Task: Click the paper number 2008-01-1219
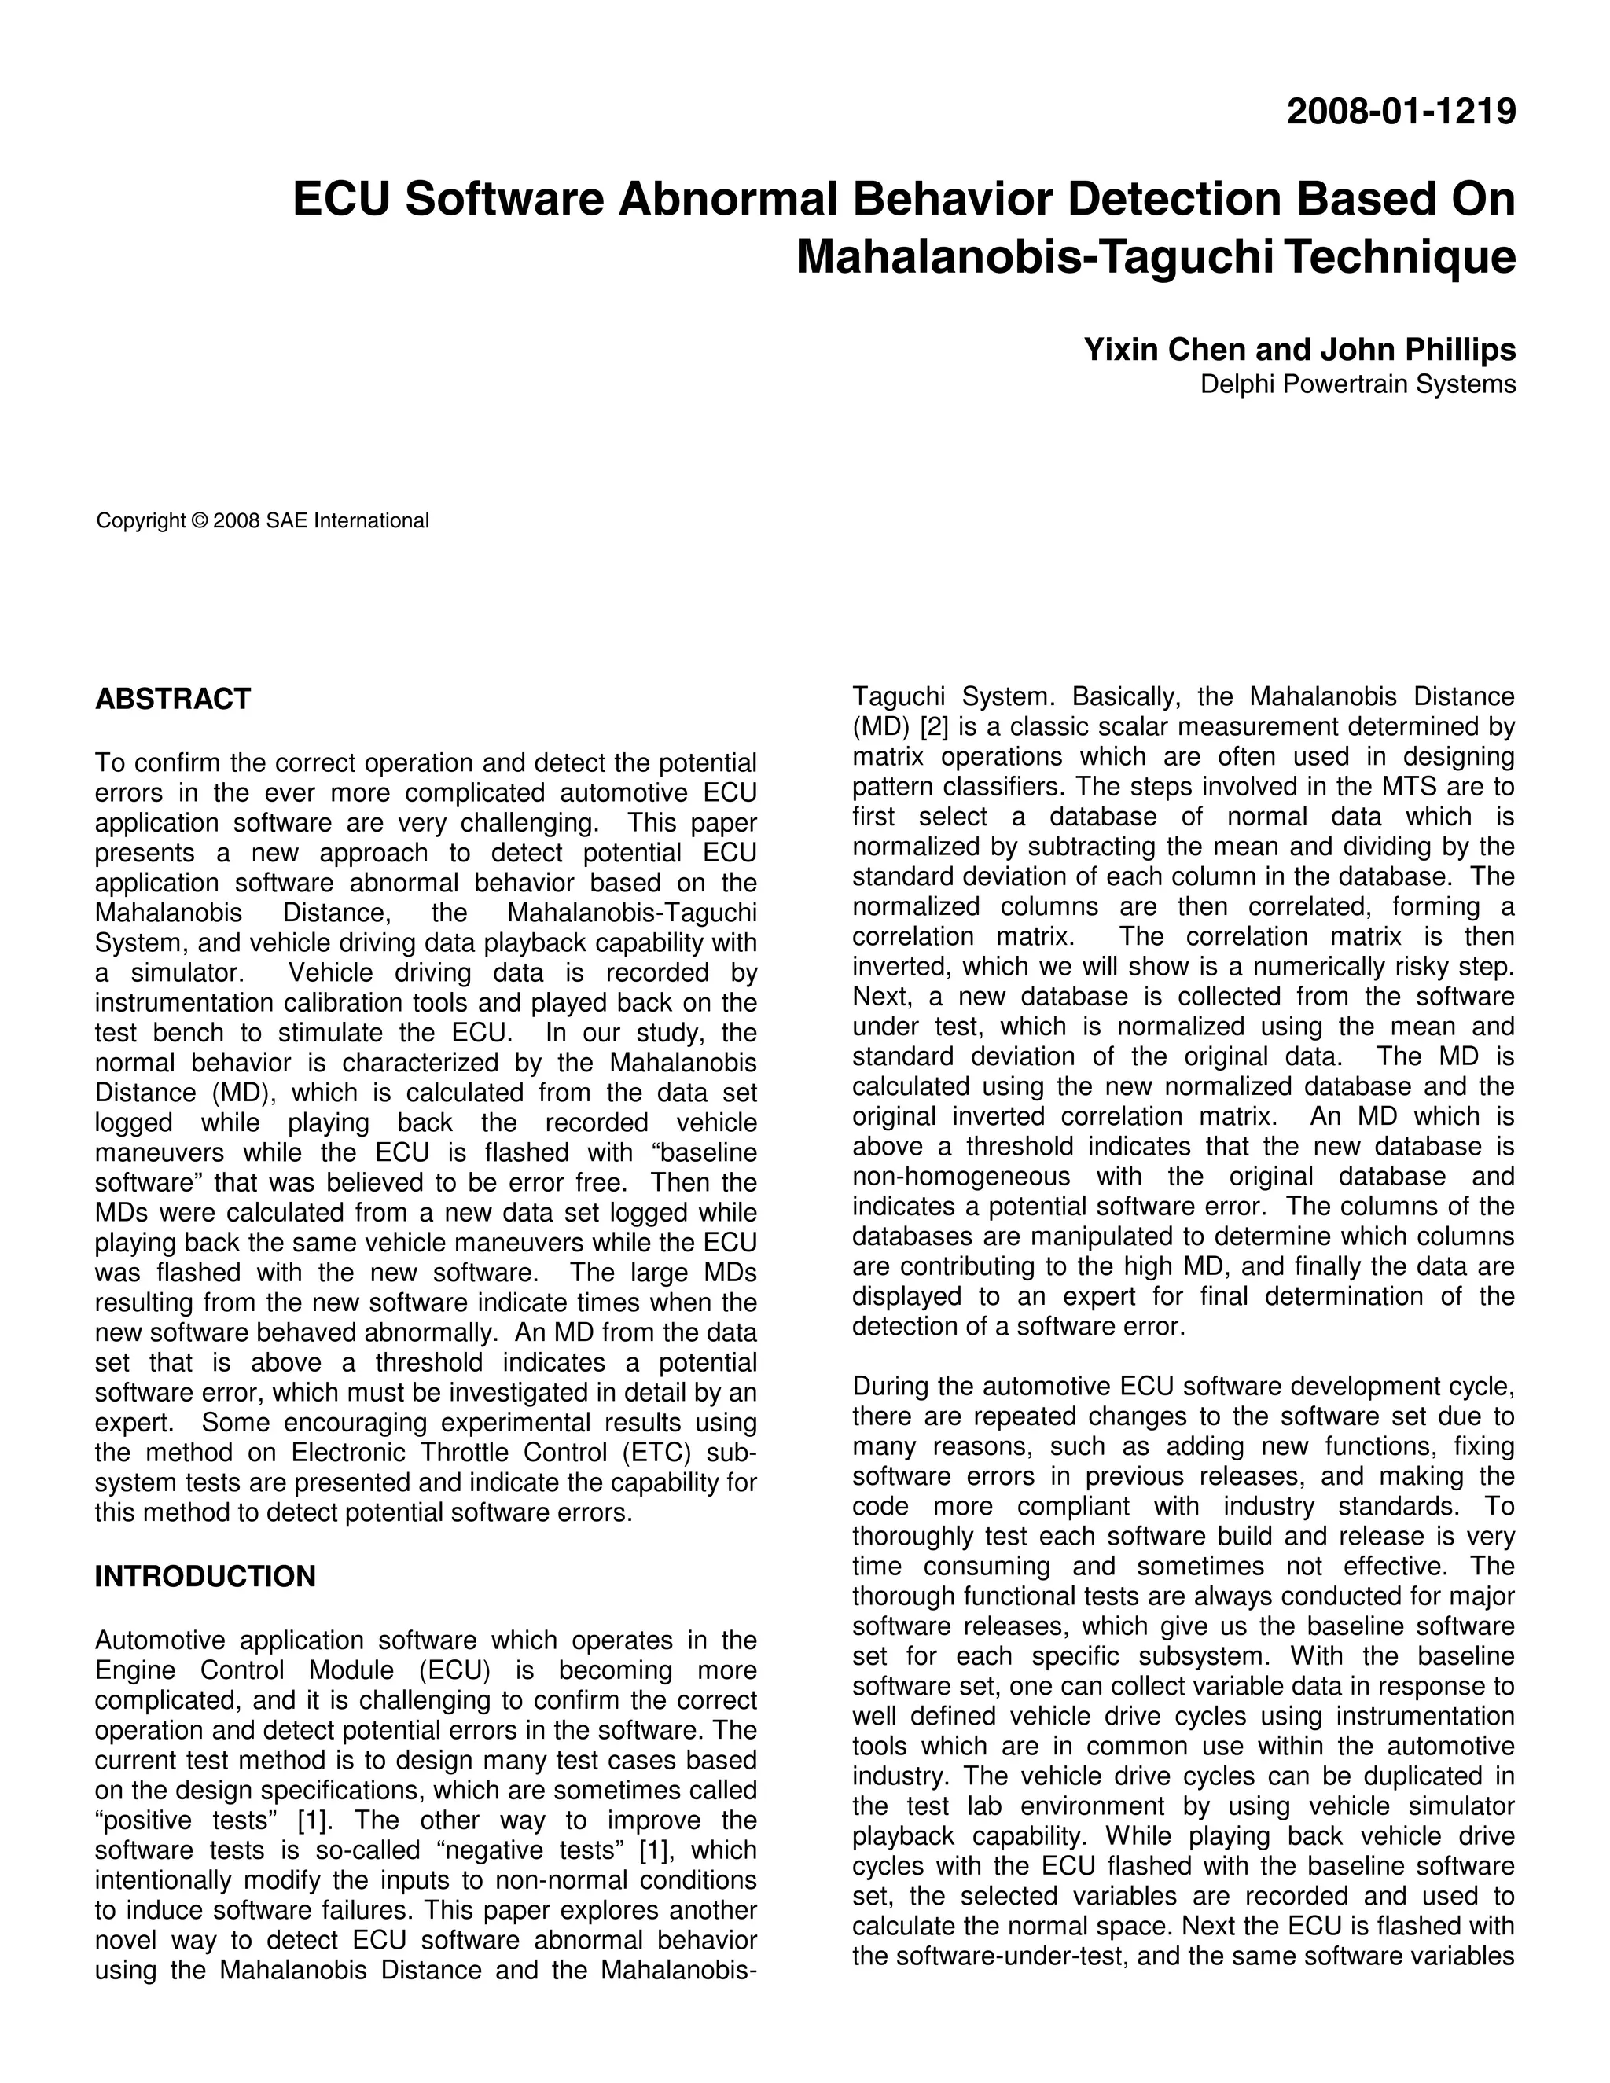[x=1400, y=112]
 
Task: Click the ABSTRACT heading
[x=173, y=699]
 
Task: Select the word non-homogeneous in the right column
[x=961, y=1176]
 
